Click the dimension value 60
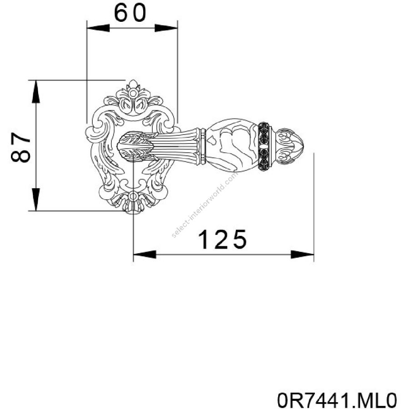pyautogui.click(x=130, y=13)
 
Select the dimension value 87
pyautogui.click(x=20, y=147)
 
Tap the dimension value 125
pyautogui.click(x=222, y=239)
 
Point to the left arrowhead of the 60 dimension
pyautogui.click(x=98, y=28)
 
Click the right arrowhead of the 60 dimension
pyautogui.click(x=166, y=28)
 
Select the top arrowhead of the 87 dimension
pyautogui.click(x=36, y=91)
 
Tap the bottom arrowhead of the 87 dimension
pyautogui.click(x=36, y=199)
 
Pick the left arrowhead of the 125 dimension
pyautogui.click(x=145, y=254)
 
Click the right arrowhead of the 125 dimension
pyautogui.click(x=302, y=254)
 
